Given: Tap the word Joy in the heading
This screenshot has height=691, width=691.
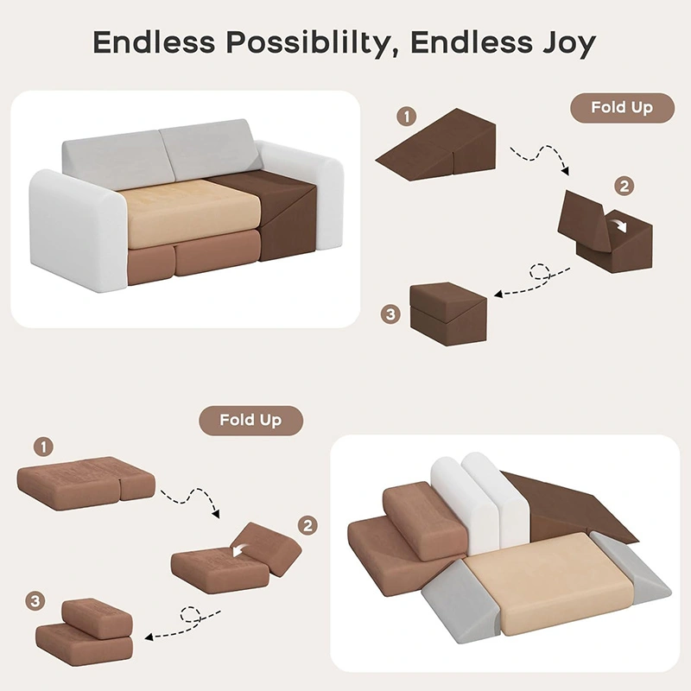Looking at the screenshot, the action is coord(569,43).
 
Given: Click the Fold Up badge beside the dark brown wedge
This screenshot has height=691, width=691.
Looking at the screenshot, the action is coord(622,107).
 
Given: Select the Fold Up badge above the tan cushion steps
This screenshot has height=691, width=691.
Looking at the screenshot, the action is coord(250,421).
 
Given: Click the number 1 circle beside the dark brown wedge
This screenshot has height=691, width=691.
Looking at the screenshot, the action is coord(406,117).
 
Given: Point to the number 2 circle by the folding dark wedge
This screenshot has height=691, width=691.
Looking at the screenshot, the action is coord(624,187).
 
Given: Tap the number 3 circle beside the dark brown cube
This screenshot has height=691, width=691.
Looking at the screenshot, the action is coord(390,314).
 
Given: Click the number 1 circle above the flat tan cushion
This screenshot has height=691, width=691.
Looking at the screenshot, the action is coord(43,447).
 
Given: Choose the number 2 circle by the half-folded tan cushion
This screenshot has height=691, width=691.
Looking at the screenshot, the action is coord(307,525).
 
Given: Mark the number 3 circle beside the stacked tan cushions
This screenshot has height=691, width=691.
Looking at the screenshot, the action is coord(35,601).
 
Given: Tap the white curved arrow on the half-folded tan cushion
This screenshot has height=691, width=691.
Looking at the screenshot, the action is coord(241,549).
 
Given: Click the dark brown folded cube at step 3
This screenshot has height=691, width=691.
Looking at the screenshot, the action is coord(448,314).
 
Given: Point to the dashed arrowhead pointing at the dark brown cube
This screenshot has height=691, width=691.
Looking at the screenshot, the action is coord(498,294).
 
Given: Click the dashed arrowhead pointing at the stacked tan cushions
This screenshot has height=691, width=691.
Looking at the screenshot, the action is coord(149,637).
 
